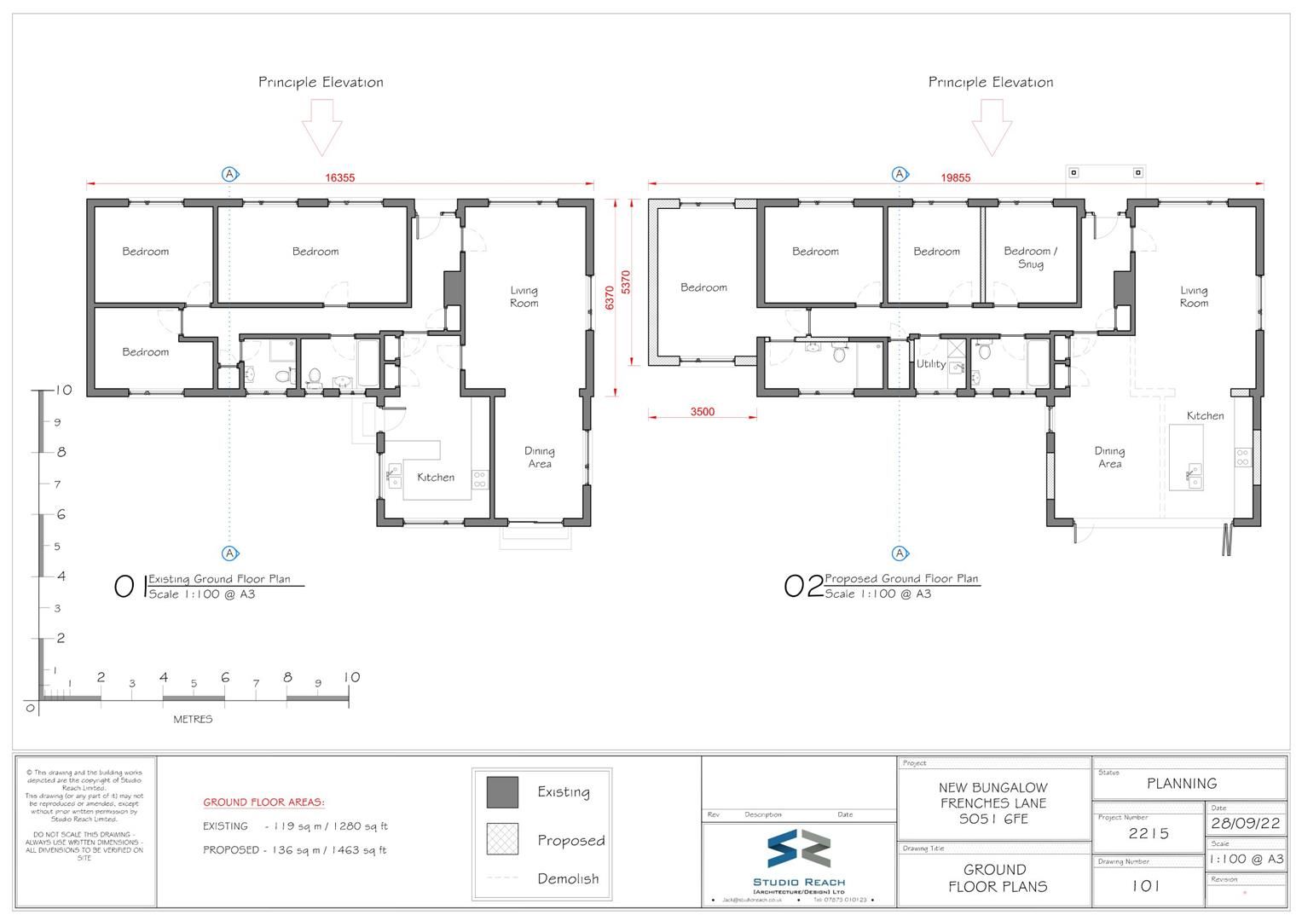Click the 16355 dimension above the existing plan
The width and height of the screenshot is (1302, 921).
click(339, 177)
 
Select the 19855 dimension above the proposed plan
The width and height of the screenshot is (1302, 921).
click(956, 177)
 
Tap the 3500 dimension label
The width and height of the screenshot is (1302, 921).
click(702, 412)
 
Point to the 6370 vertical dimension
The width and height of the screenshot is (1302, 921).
click(609, 297)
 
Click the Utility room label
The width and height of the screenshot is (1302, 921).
click(930, 364)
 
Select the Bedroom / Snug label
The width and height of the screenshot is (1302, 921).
click(1030, 258)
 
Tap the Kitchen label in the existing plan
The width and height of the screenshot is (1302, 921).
click(435, 478)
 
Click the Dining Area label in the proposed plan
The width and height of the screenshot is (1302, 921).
click(1109, 458)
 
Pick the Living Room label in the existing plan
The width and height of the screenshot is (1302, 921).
click(524, 297)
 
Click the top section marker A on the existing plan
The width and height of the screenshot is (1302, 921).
click(229, 174)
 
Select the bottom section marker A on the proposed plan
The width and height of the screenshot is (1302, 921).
click(900, 553)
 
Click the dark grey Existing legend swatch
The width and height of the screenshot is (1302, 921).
click(502, 792)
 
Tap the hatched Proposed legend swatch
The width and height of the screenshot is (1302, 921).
click(502, 839)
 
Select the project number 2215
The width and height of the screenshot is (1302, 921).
click(1148, 834)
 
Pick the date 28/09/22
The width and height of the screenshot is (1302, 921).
click(1246, 825)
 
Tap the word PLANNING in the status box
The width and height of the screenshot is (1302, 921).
click(1181, 783)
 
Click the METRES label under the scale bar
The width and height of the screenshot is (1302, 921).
click(193, 719)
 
